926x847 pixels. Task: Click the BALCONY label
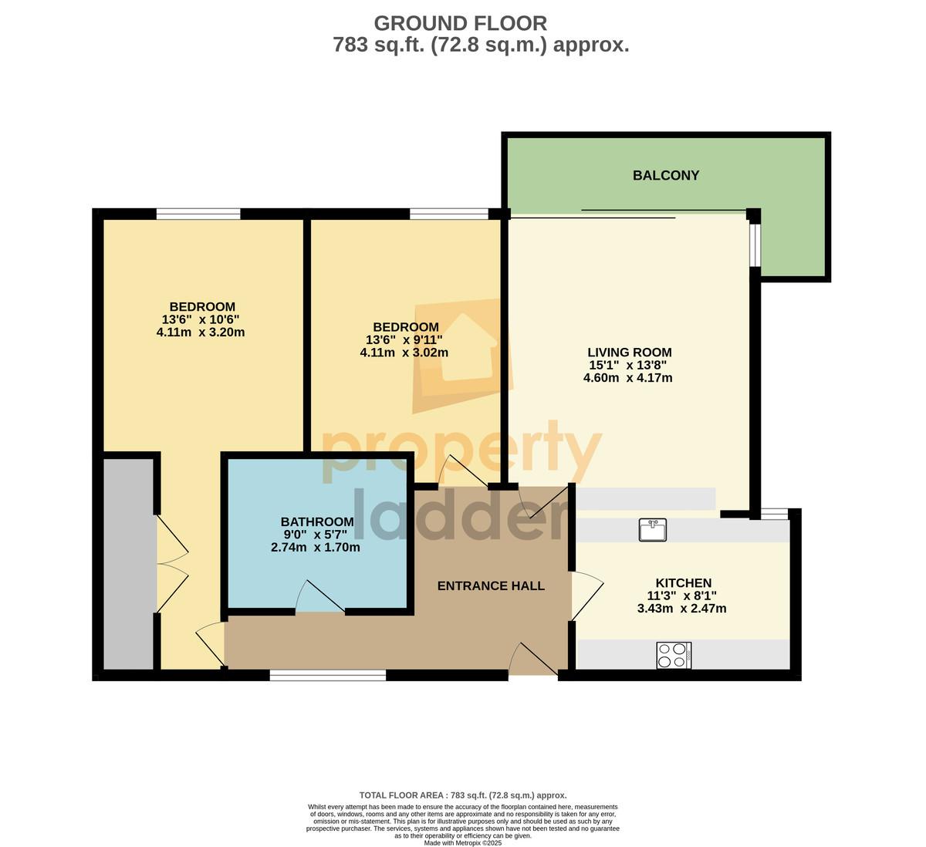click(x=666, y=175)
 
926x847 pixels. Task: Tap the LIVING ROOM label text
click(x=629, y=353)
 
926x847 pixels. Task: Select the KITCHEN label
click(x=684, y=582)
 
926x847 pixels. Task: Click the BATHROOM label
click(x=317, y=521)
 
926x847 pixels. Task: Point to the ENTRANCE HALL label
click(x=491, y=585)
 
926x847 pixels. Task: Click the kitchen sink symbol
click(x=653, y=529)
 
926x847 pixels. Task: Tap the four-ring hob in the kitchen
click(x=674, y=656)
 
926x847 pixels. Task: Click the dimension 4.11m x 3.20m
click(x=201, y=332)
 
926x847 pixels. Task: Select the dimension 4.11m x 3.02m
click(x=404, y=353)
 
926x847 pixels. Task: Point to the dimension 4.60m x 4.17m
click(x=628, y=378)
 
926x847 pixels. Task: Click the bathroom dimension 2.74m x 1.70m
click(x=316, y=548)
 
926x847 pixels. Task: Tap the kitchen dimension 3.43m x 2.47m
click(x=682, y=609)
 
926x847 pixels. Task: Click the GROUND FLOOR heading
click(x=460, y=23)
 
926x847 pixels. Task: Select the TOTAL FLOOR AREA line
click(x=463, y=795)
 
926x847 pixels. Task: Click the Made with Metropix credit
click(x=462, y=843)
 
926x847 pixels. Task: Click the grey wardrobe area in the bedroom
click(x=128, y=564)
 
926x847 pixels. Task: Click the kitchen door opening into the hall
click(x=588, y=596)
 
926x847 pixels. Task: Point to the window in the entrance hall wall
click(x=328, y=676)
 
